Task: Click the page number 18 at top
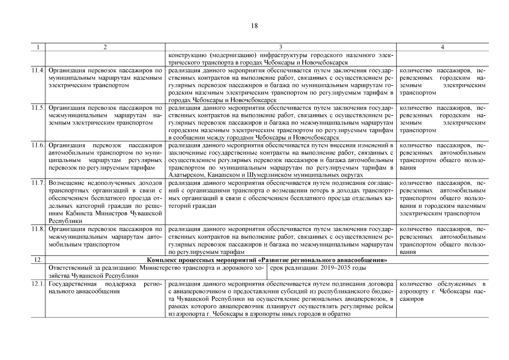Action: click(x=254, y=26)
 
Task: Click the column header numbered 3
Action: click(x=280, y=47)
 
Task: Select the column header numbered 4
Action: click(x=442, y=47)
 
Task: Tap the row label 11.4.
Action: click(x=38, y=70)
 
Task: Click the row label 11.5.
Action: click(x=38, y=108)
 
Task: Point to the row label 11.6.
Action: click(x=38, y=145)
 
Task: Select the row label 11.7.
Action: click(x=38, y=183)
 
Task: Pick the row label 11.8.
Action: click(x=38, y=229)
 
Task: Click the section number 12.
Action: click(x=38, y=260)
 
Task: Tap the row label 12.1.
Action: click(x=38, y=284)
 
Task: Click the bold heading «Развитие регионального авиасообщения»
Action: click(x=267, y=260)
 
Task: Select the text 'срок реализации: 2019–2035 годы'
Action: click(x=318, y=268)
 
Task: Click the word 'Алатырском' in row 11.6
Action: click(x=183, y=175)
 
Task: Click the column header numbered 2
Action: click(x=105, y=47)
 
